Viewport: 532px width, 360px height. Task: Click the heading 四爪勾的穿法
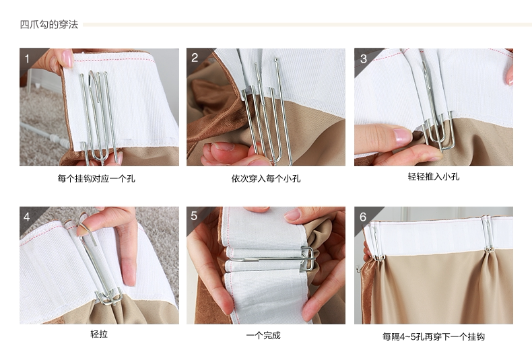[x=49, y=25]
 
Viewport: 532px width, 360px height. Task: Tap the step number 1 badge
[x=28, y=58]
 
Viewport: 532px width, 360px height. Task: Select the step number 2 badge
[x=195, y=58]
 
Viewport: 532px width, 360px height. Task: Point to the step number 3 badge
[x=364, y=59]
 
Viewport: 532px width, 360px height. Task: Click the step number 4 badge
[x=28, y=217]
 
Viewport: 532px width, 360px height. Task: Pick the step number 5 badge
[x=195, y=216]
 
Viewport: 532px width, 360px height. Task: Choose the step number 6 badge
[x=363, y=217]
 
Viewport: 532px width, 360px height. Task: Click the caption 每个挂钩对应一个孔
[x=96, y=179]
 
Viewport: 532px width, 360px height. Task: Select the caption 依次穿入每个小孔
[x=265, y=179]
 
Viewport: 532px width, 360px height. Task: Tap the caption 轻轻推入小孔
[x=433, y=177]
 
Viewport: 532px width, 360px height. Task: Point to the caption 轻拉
[x=99, y=334]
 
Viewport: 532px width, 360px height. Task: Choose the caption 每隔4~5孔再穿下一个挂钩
[x=433, y=336]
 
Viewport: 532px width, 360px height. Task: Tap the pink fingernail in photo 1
[x=67, y=59]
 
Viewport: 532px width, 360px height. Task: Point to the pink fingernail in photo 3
[x=402, y=137]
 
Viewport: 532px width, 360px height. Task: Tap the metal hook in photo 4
[x=98, y=262]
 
